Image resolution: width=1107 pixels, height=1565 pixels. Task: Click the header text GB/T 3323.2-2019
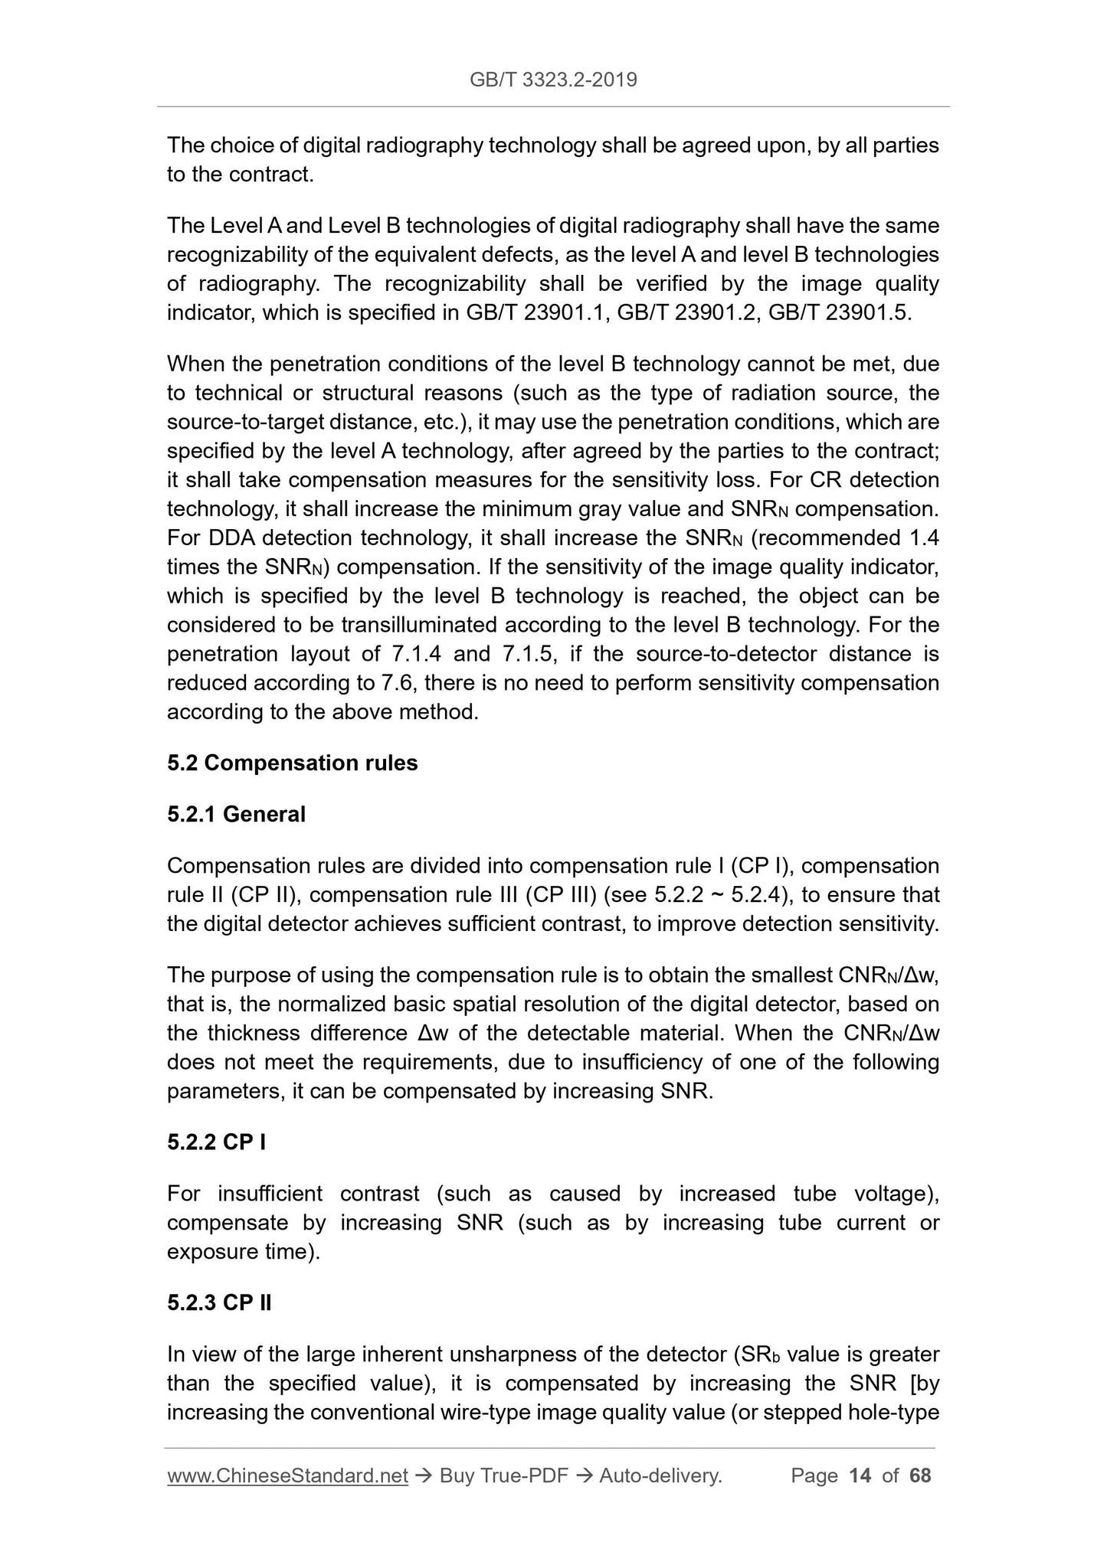(x=553, y=80)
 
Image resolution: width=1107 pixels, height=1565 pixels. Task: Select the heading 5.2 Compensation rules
(x=292, y=763)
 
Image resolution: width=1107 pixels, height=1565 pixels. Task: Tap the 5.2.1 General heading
(x=236, y=814)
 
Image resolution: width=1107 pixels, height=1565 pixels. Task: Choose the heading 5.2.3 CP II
(x=219, y=1302)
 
